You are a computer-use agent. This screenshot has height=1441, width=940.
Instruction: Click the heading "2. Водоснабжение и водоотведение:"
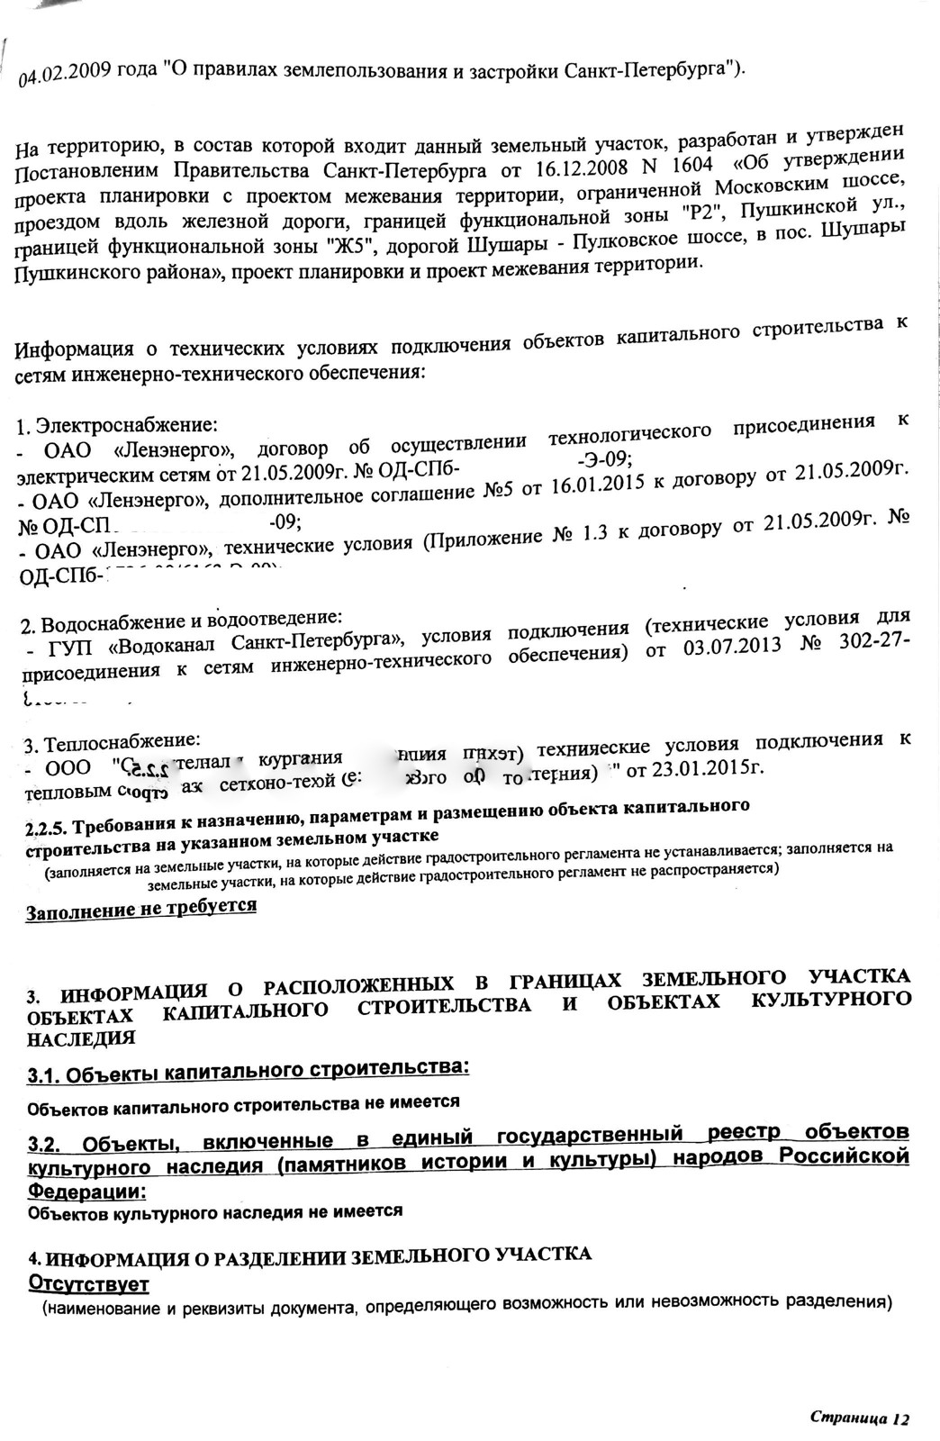180,621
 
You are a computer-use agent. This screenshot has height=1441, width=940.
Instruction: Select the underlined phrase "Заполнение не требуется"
141,908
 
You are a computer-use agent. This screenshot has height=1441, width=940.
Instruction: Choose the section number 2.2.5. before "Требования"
47,827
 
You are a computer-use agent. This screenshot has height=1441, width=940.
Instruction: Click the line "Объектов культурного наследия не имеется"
215,1212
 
